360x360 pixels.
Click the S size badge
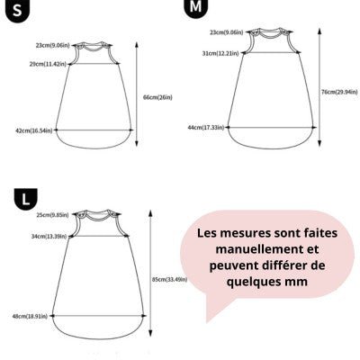[17, 11]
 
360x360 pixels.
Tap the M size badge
[195, 8]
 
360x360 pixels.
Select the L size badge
[26, 199]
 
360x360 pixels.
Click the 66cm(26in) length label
[157, 97]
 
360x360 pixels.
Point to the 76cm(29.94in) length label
[339, 92]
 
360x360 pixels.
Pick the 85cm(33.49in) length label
[170, 279]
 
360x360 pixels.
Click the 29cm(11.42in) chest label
[48, 64]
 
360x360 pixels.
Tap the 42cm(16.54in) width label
[34, 130]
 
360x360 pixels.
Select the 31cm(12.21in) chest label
[220, 53]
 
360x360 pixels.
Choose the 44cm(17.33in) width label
[206, 128]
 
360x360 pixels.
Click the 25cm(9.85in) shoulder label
[52, 215]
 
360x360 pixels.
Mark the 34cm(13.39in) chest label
[49, 236]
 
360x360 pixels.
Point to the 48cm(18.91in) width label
[30, 316]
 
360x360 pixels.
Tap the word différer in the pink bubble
[283, 265]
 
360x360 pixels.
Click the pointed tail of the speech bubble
[207, 321]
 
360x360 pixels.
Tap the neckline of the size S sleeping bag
[93, 47]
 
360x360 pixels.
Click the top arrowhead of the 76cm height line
[319, 31]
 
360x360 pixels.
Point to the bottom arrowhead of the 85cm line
[150, 334]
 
